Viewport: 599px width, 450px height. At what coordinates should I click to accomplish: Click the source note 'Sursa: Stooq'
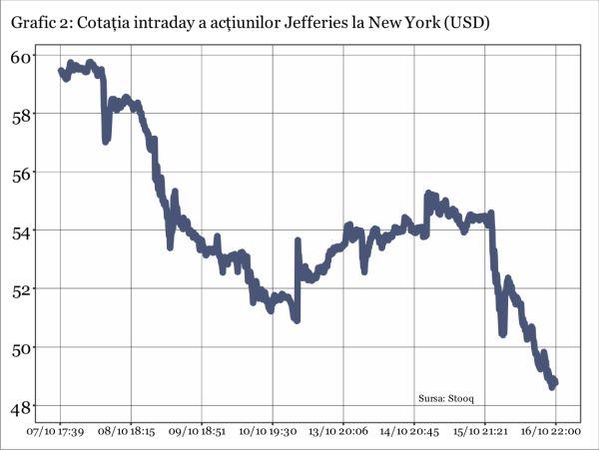click(446, 398)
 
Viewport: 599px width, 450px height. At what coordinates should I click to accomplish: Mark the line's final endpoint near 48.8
click(554, 382)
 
